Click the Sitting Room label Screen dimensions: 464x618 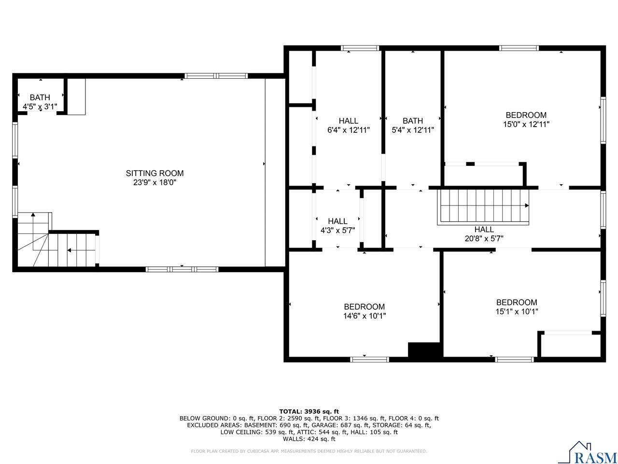point(154,173)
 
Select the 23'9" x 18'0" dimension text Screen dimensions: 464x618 point(154,183)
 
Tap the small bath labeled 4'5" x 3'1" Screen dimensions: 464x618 point(40,102)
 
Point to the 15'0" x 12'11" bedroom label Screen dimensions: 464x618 point(526,119)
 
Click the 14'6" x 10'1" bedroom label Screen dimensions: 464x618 point(364,311)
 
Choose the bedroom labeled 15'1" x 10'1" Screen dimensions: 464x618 point(516,307)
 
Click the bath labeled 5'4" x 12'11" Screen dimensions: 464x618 point(412,125)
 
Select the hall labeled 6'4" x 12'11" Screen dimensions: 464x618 point(348,125)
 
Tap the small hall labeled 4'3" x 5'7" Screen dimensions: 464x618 point(337,226)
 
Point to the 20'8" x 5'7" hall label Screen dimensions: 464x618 point(484,234)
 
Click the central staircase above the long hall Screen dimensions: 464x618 point(483,206)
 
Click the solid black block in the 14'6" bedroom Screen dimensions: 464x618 point(424,350)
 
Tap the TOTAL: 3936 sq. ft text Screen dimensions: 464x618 point(309,411)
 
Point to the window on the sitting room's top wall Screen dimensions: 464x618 point(216,76)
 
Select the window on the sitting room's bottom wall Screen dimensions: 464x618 point(182,269)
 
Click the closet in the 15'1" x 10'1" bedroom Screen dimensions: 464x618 point(570,345)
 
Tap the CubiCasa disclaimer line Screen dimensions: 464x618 point(309,451)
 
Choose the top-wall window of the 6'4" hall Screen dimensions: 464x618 point(360,48)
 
